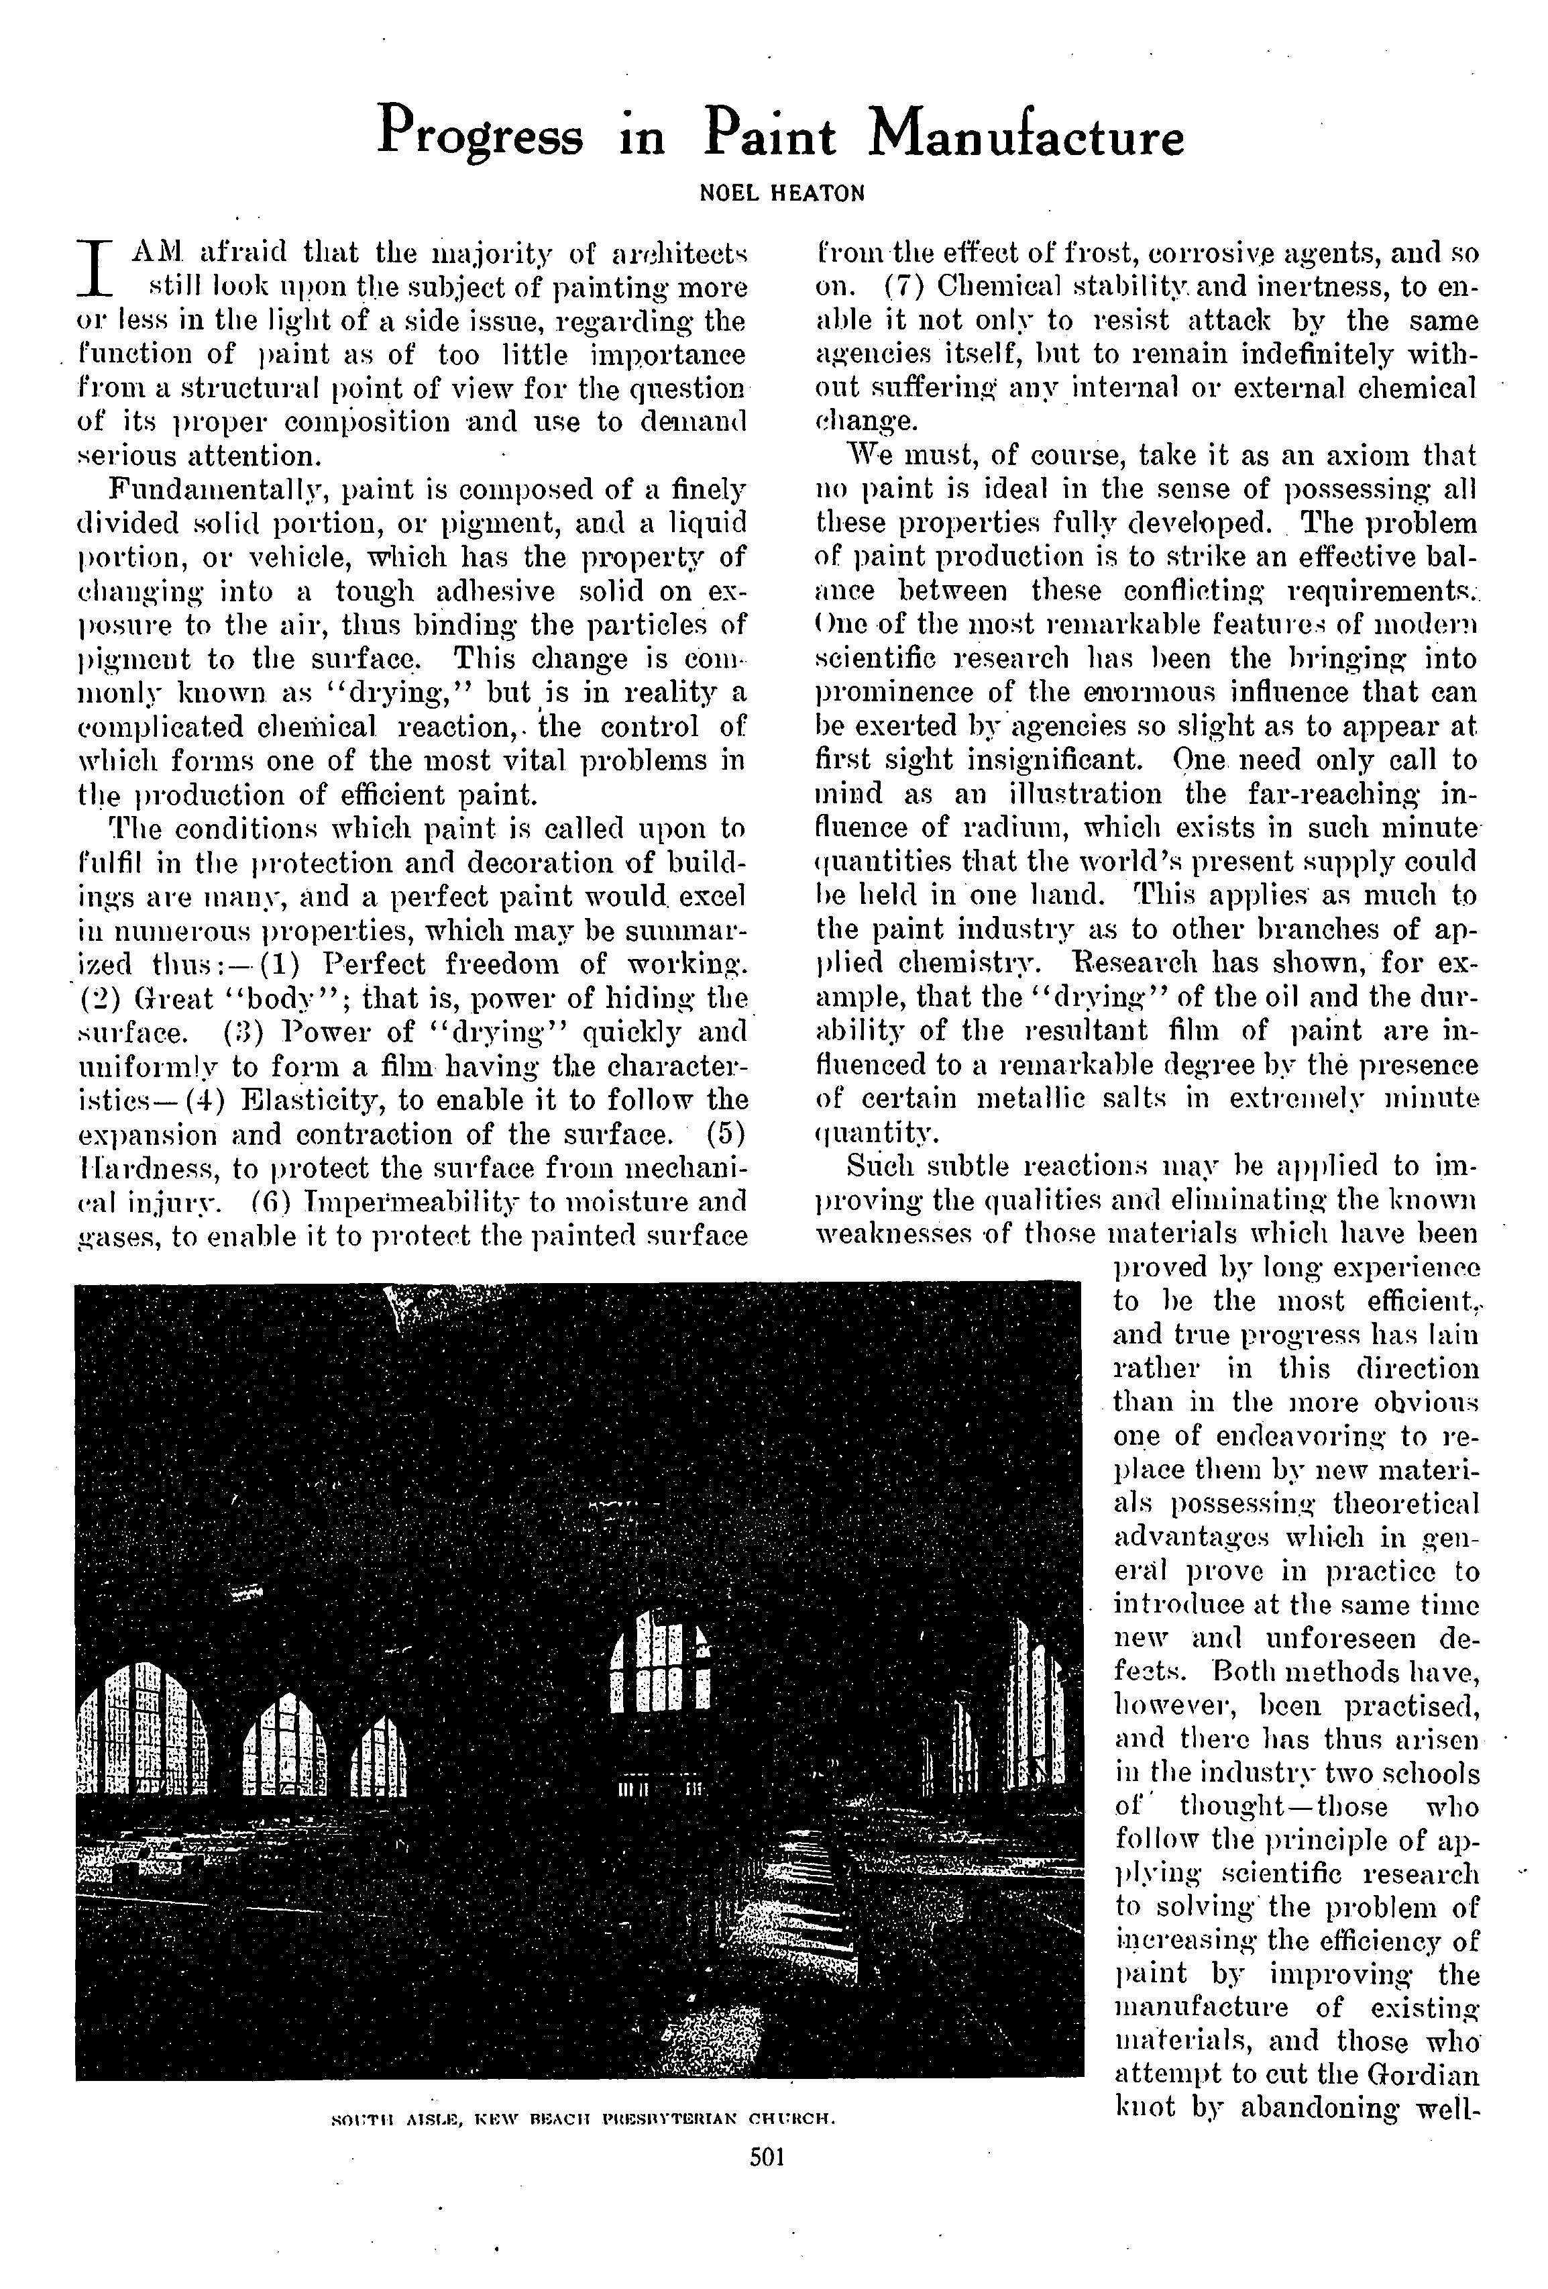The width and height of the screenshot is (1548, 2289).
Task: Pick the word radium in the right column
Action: tap(1048, 828)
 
